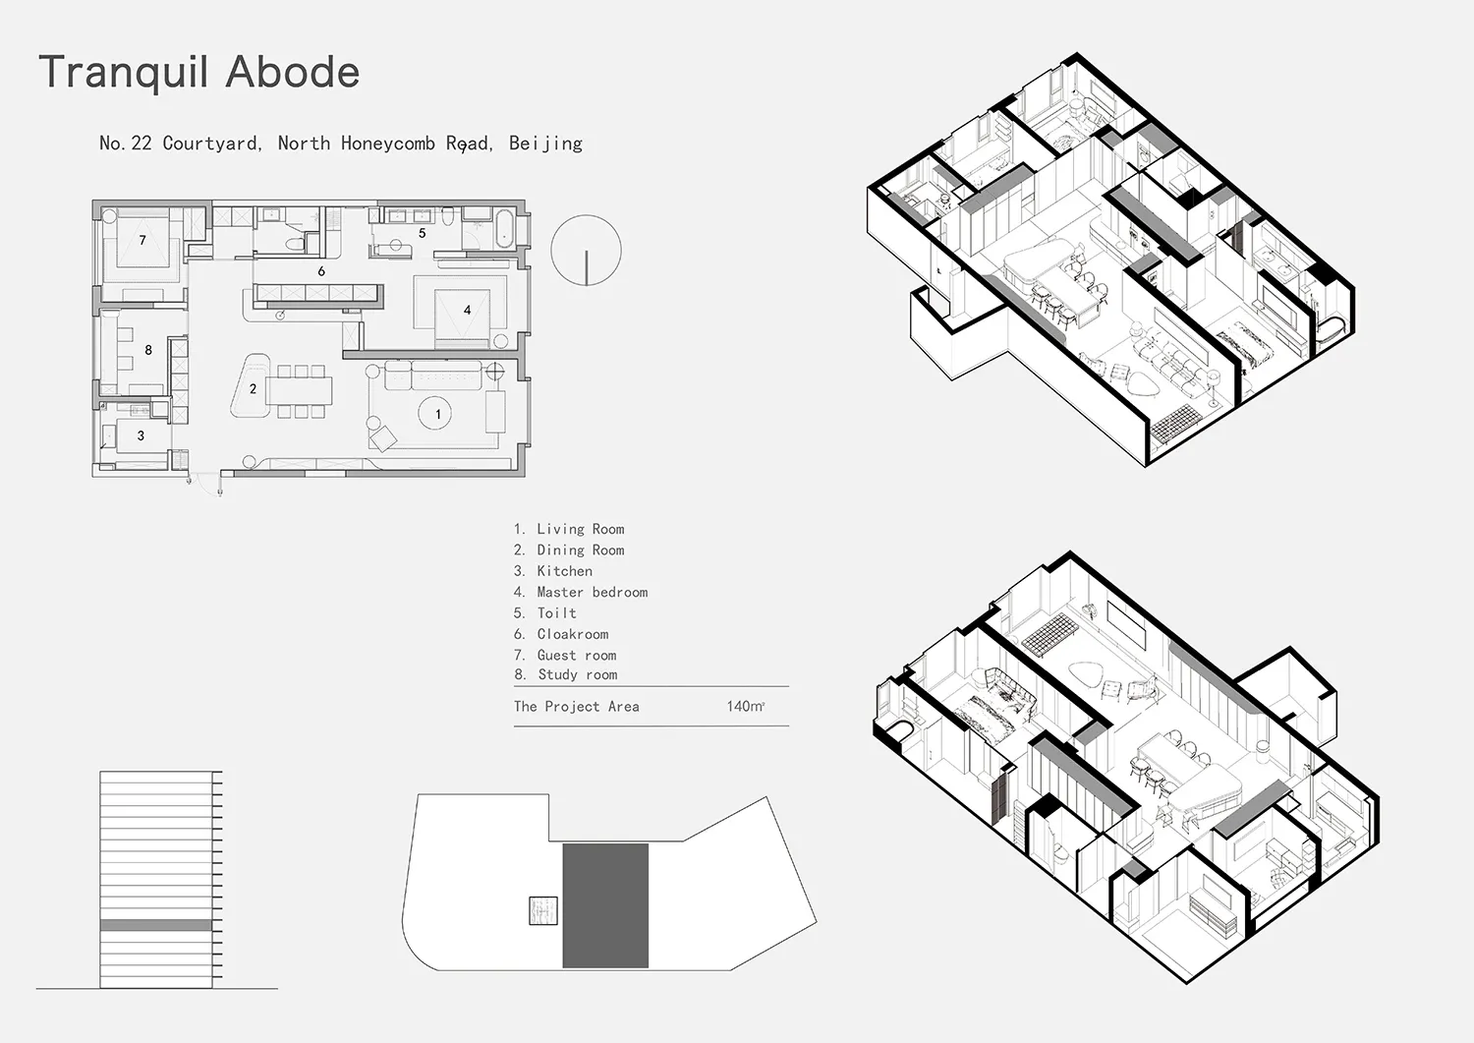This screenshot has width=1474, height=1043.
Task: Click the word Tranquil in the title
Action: [124, 73]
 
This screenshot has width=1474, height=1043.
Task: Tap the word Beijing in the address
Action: [545, 144]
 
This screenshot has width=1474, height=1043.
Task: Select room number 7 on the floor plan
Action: [142, 240]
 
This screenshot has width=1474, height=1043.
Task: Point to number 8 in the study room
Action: [148, 350]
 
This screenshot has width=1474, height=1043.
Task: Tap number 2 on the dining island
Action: [253, 389]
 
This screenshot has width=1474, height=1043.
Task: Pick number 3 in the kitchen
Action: [141, 435]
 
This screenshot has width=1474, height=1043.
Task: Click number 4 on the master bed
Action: [467, 310]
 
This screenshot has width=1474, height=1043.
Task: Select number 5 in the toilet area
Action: [422, 233]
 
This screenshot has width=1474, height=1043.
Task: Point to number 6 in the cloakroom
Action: [321, 271]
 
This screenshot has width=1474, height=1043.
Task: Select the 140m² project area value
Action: [746, 707]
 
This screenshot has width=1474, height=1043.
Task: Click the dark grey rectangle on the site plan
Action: [605, 905]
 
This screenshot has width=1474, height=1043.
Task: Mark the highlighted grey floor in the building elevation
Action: [156, 925]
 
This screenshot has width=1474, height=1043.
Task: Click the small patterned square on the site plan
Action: [543, 910]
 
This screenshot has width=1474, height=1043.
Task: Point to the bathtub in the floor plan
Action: [505, 228]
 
